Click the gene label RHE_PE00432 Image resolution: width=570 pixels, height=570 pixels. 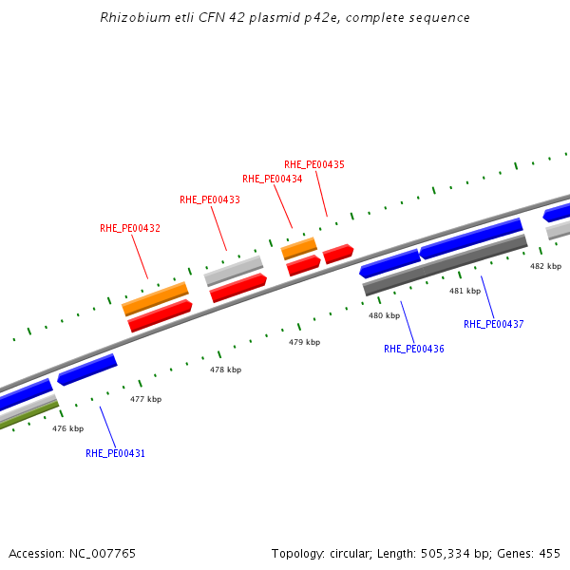[x=130, y=228]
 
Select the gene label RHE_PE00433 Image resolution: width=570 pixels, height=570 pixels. [x=210, y=199]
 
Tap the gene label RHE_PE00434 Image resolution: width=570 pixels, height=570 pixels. [x=272, y=179]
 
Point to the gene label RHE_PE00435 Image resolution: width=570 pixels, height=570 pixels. [x=314, y=164]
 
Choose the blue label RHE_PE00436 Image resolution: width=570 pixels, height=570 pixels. [x=414, y=349]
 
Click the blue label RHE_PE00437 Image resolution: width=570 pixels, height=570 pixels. [x=494, y=324]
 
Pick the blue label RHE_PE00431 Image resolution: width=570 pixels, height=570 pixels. [x=115, y=453]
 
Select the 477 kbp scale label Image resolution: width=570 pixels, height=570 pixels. [x=146, y=399]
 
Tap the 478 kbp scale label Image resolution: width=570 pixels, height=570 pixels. [x=226, y=370]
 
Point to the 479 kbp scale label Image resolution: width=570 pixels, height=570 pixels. [x=305, y=342]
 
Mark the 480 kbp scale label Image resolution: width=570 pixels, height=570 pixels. [x=385, y=315]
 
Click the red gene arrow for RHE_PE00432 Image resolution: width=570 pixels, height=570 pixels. [x=161, y=316]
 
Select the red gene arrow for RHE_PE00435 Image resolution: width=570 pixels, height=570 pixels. [x=338, y=254]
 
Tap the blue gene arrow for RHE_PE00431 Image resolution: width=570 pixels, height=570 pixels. [x=86, y=370]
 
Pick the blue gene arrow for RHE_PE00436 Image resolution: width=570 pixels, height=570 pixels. [x=389, y=263]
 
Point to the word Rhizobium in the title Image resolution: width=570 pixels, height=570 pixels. [x=129, y=18]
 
